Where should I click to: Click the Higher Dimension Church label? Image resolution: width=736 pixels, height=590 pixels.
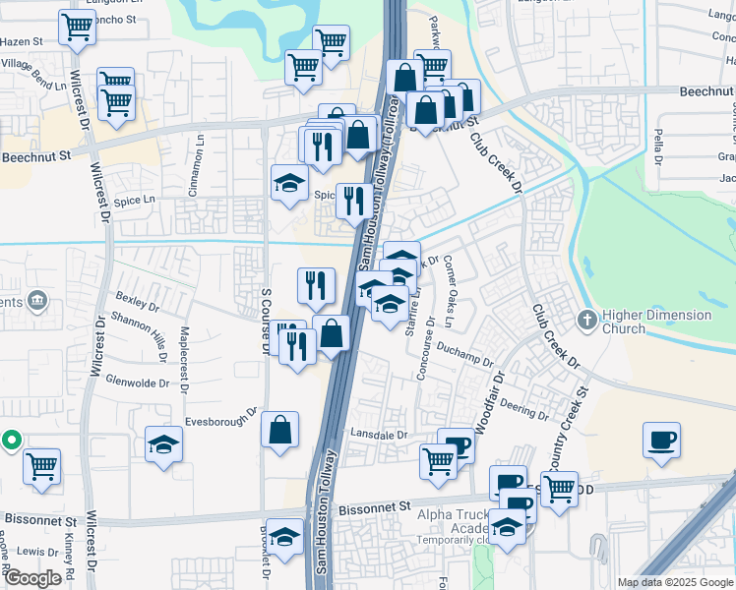pyautogui.click(x=656, y=322)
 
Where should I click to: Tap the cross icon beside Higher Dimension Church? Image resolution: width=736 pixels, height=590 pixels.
pyautogui.click(x=587, y=320)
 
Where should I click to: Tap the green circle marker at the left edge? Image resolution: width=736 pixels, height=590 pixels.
pyautogui.click(x=11, y=440)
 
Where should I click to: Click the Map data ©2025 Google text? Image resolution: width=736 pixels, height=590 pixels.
pyautogui.click(x=676, y=582)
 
